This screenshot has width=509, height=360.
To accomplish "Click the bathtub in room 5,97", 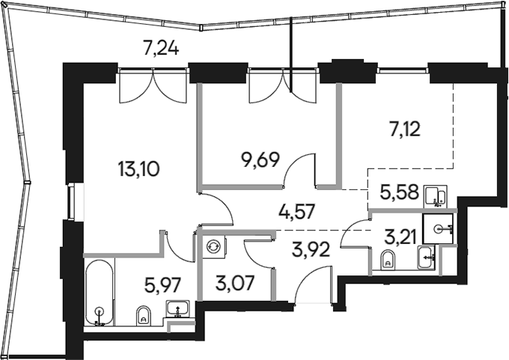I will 99,292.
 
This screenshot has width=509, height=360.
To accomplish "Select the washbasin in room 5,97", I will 177,308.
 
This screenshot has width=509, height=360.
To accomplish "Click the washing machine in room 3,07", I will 213,245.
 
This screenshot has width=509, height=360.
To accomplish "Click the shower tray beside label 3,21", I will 438,227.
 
